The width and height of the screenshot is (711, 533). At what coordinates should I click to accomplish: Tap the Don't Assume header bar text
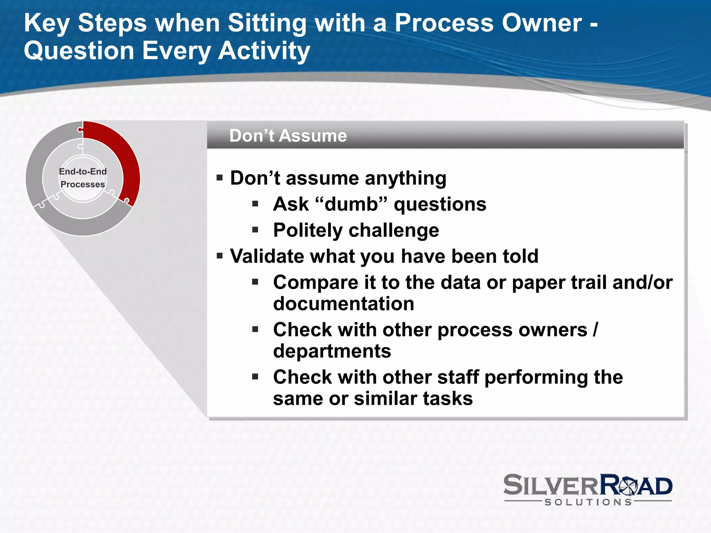288,136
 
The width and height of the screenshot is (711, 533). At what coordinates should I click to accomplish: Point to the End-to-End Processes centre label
83,178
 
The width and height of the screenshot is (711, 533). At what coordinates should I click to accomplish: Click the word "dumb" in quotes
351,204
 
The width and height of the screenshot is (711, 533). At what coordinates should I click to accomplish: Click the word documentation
343,304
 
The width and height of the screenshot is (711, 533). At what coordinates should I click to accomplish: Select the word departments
332,351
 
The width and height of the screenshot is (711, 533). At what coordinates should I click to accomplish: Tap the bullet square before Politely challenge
256,230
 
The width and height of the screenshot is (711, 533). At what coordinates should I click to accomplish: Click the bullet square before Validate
219,256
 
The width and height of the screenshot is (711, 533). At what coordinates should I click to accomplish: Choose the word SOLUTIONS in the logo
588,502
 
